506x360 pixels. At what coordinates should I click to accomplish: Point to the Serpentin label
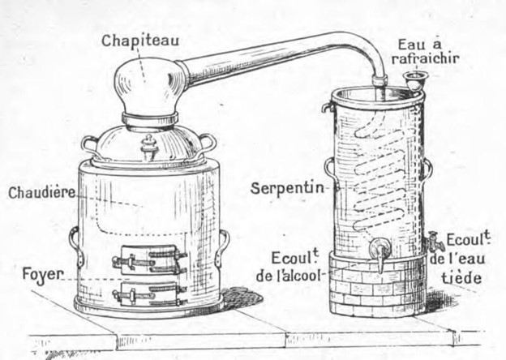click(x=287, y=186)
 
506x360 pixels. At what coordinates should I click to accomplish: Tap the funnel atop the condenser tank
click(x=416, y=81)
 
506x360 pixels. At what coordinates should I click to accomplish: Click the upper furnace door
click(x=151, y=259)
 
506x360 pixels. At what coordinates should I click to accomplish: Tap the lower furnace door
click(x=151, y=292)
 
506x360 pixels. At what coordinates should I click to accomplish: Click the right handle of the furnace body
click(x=221, y=246)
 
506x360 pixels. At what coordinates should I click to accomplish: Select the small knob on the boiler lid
click(x=148, y=148)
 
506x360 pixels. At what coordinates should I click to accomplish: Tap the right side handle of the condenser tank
click(x=427, y=169)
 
